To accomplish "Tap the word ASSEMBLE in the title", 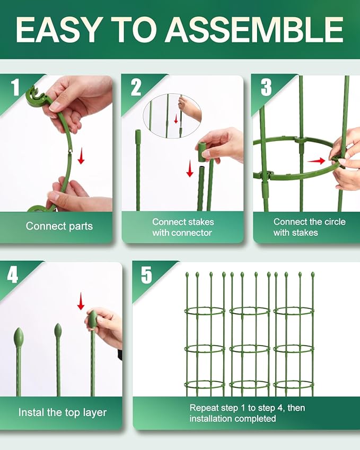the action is click(x=254, y=30).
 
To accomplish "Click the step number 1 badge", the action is click(x=15, y=87).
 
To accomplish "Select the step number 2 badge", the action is click(x=136, y=87).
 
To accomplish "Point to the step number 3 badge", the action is click(x=266, y=87).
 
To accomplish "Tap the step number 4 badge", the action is click(x=13, y=275).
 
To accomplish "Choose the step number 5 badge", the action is click(x=146, y=275).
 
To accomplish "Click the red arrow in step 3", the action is click(x=317, y=161).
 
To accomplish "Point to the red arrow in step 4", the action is click(x=81, y=302).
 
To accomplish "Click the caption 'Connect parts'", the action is click(x=59, y=226).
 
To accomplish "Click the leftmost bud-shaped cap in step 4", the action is click(x=19, y=338).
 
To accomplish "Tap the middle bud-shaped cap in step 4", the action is click(x=58, y=331).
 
